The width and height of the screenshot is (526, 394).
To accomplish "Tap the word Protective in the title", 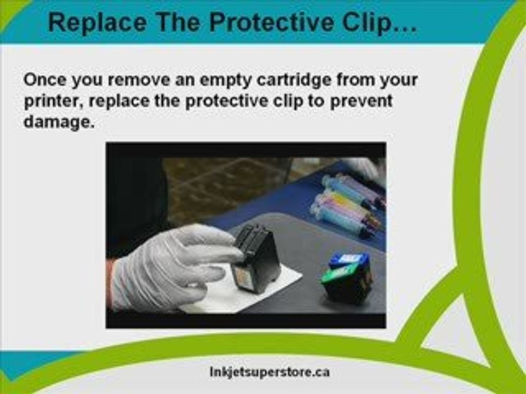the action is tap(271, 22).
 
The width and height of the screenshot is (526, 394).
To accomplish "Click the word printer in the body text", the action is tap(53, 102).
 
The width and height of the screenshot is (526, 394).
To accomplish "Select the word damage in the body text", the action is tap(57, 122).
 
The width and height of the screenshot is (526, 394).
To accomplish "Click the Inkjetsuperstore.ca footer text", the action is tap(270, 372).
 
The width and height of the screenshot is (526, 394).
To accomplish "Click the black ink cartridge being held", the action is tap(256, 258).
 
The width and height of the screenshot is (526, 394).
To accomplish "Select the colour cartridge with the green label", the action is tap(347, 277).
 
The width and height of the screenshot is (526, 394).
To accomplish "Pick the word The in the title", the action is tap(178, 22).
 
